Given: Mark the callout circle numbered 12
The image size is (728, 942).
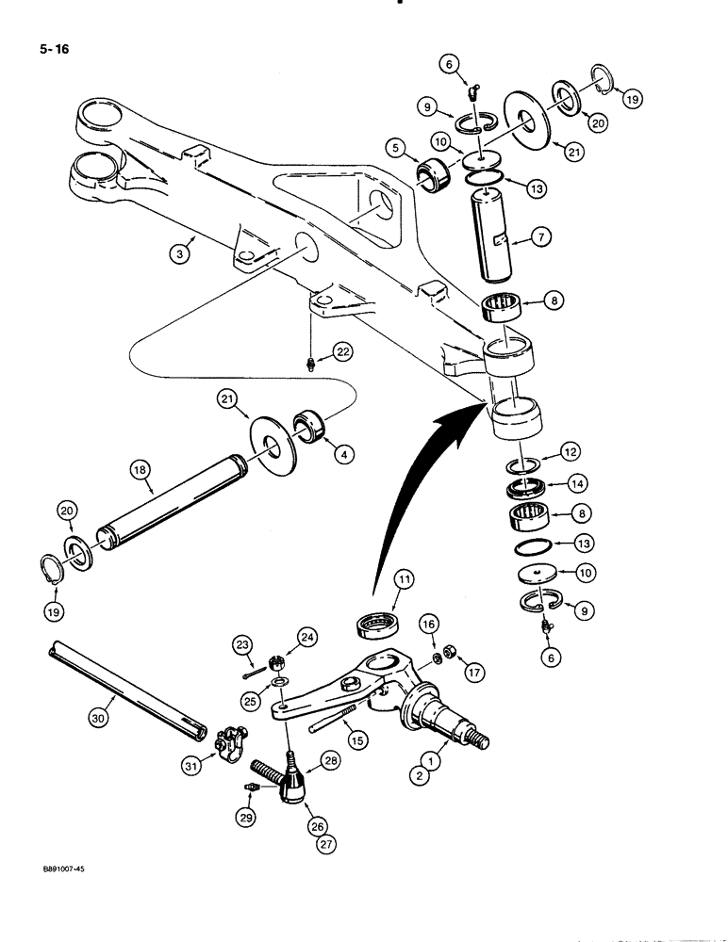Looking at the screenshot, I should pyautogui.click(x=571, y=452).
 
